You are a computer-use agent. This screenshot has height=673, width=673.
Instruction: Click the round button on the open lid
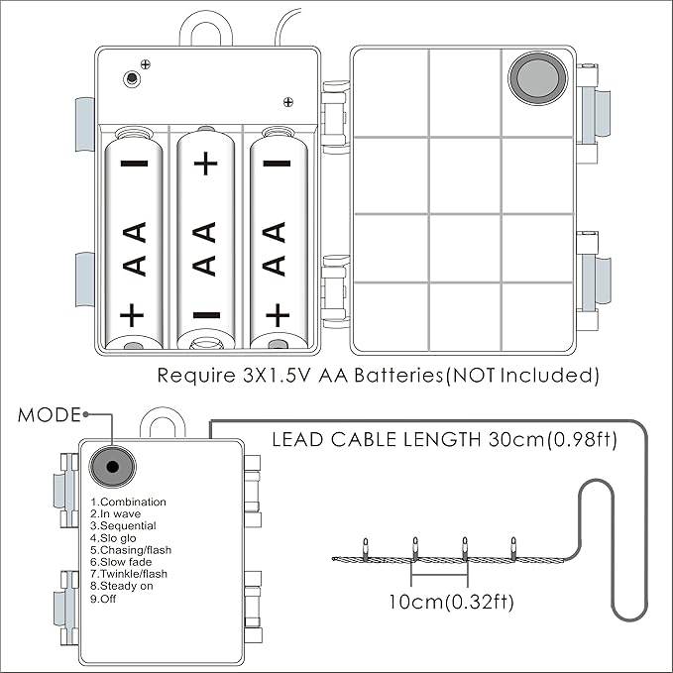click(x=538, y=77)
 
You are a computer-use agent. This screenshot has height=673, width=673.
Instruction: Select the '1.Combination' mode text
click(x=128, y=503)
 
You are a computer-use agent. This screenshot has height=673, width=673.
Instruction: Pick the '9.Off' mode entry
click(x=103, y=599)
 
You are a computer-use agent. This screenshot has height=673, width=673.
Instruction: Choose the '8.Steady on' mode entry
click(x=121, y=587)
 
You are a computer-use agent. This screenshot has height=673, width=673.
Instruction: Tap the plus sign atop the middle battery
click(x=205, y=164)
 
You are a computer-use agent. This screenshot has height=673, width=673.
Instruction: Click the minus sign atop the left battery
click(x=134, y=164)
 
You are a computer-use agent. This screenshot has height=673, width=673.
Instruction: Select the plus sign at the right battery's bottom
click(x=278, y=315)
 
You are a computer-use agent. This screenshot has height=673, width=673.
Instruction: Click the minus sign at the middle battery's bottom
click(x=205, y=316)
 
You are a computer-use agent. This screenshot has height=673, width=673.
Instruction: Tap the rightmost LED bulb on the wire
click(x=513, y=544)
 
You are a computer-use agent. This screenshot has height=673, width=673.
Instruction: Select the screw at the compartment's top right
click(x=288, y=100)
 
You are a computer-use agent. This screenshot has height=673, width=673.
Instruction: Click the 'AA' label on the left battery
click(x=133, y=249)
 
